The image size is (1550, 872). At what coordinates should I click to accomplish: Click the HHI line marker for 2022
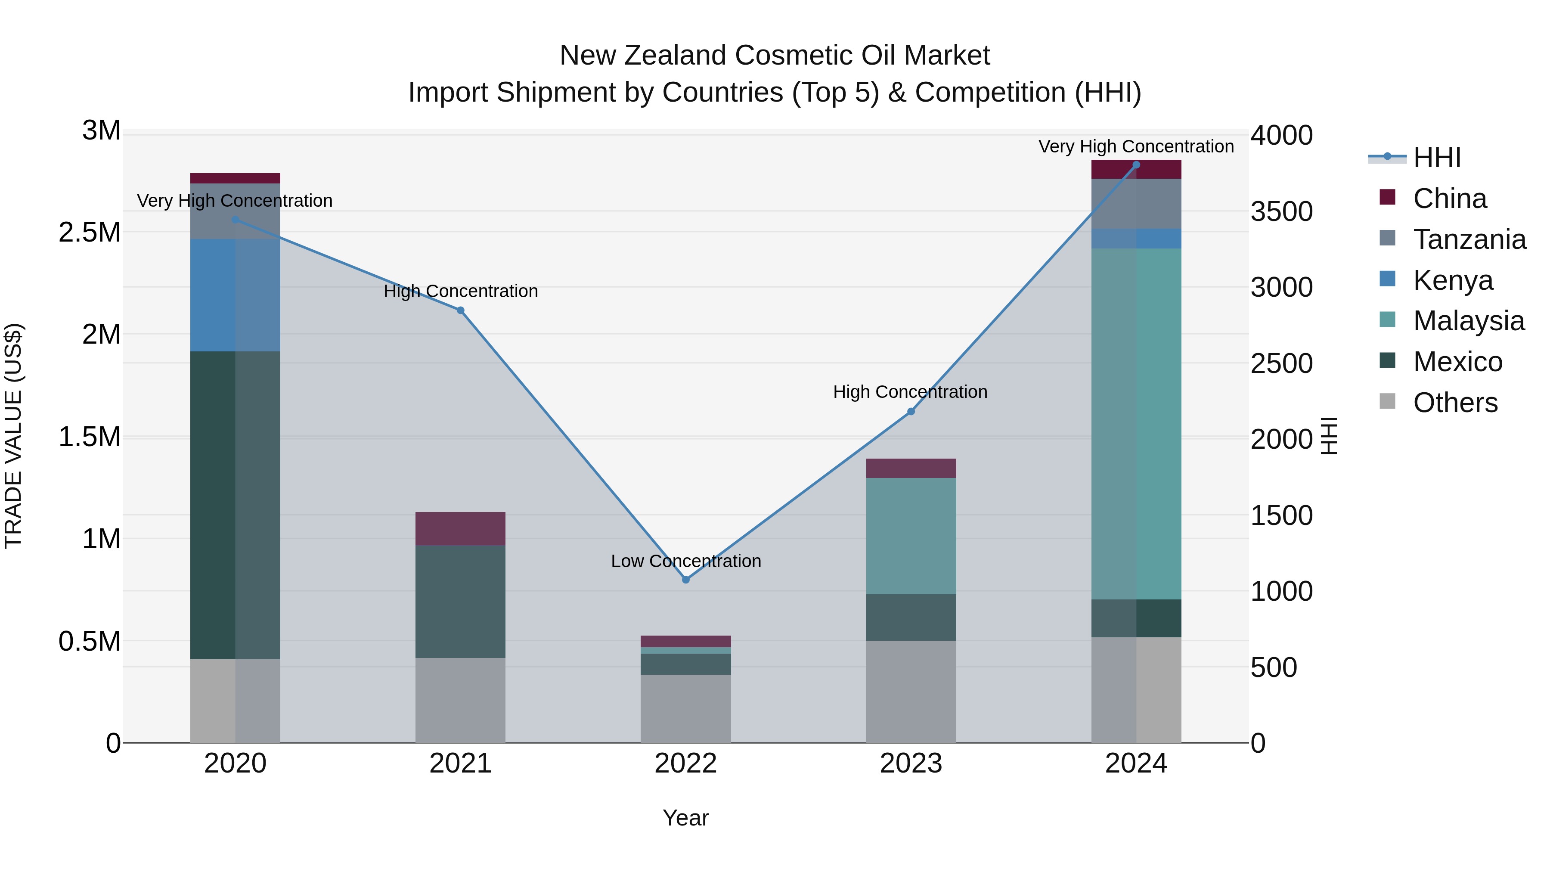point(685,580)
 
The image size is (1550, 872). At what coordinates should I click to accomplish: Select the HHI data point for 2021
point(460,310)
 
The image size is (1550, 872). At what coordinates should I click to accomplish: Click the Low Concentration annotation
point(685,561)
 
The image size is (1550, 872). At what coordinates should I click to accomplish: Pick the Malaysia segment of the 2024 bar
point(1136,424)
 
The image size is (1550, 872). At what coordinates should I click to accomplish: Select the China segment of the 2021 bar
point(460,528)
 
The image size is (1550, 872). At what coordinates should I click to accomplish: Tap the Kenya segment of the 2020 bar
point(235,295)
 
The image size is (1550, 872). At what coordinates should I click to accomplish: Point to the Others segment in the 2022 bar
point(685,708)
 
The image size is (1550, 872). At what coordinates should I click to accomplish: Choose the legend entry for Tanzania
point(1469,239)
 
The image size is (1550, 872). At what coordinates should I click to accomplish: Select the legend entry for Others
point(1454,403)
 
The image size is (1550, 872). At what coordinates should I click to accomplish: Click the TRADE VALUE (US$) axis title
point(13,436)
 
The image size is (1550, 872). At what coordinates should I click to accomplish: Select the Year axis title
point(685,818)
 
